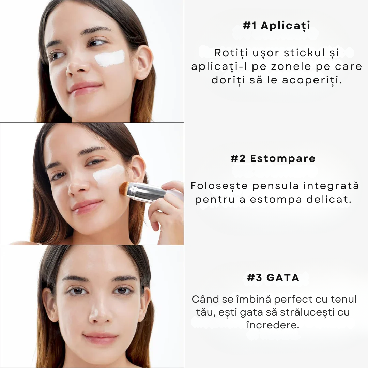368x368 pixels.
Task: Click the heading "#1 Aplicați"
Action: click(x=276, y=26)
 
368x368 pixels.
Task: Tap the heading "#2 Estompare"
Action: click(x=273, y=159)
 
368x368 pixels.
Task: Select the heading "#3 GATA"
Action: click(x=273, y=278)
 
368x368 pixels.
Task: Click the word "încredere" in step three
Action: click(x=273, y=325)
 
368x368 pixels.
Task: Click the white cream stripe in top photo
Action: click(x=109, y=59)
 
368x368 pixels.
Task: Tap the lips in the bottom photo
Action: click(x=101, y=338)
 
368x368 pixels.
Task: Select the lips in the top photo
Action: click(x=85, y=88)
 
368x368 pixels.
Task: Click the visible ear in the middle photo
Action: click(x=137, y=169)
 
